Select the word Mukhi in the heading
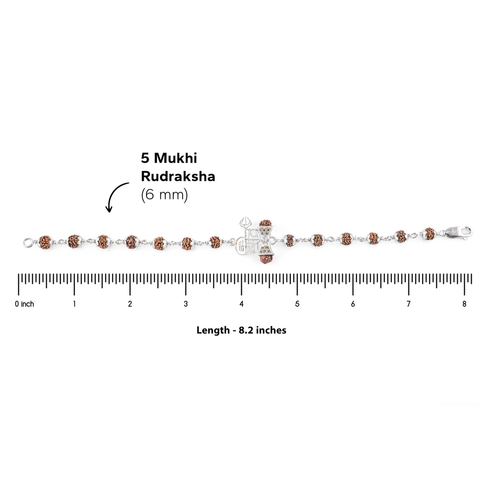coord(175,158)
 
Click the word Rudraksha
coord(178,176)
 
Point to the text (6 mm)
coord(164,195)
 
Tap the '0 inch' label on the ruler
coord(24,304)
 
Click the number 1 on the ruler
coord(74,304)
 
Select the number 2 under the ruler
coord(130,304)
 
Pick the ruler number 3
coord(186,304)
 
